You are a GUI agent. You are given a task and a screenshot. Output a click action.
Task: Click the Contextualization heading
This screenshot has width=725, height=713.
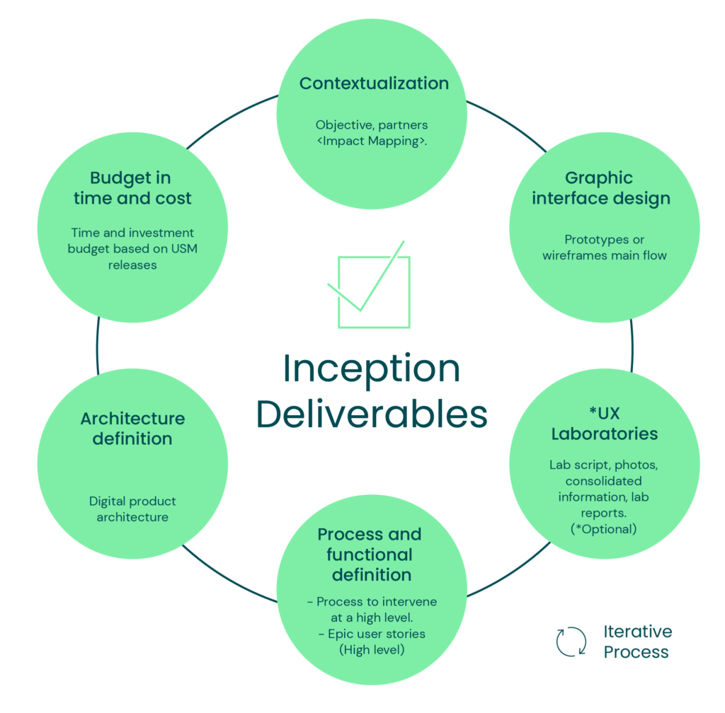(374, 83)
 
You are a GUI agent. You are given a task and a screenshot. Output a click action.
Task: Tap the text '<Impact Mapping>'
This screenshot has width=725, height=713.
(372, 141)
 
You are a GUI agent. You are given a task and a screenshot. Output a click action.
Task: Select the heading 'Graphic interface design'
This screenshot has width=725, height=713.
(600, 188)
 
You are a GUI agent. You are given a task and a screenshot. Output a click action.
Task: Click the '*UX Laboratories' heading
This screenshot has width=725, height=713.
(604, 423)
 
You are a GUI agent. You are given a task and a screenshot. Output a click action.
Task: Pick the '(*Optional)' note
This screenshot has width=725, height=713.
(604, 528)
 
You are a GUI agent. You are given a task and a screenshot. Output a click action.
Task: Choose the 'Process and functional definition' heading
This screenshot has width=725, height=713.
(369, 554)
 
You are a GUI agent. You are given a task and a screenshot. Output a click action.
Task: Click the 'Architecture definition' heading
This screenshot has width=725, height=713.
(132, 428)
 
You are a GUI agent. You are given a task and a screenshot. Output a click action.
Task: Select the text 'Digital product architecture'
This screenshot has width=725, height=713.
(132, 509)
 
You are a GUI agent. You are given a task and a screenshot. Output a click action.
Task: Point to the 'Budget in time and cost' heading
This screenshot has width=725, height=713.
(132, 188)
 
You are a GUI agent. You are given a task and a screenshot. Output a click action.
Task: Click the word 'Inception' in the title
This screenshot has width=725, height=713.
(371, 369)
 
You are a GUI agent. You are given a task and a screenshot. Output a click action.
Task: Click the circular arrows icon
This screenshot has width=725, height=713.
(571, 642)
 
